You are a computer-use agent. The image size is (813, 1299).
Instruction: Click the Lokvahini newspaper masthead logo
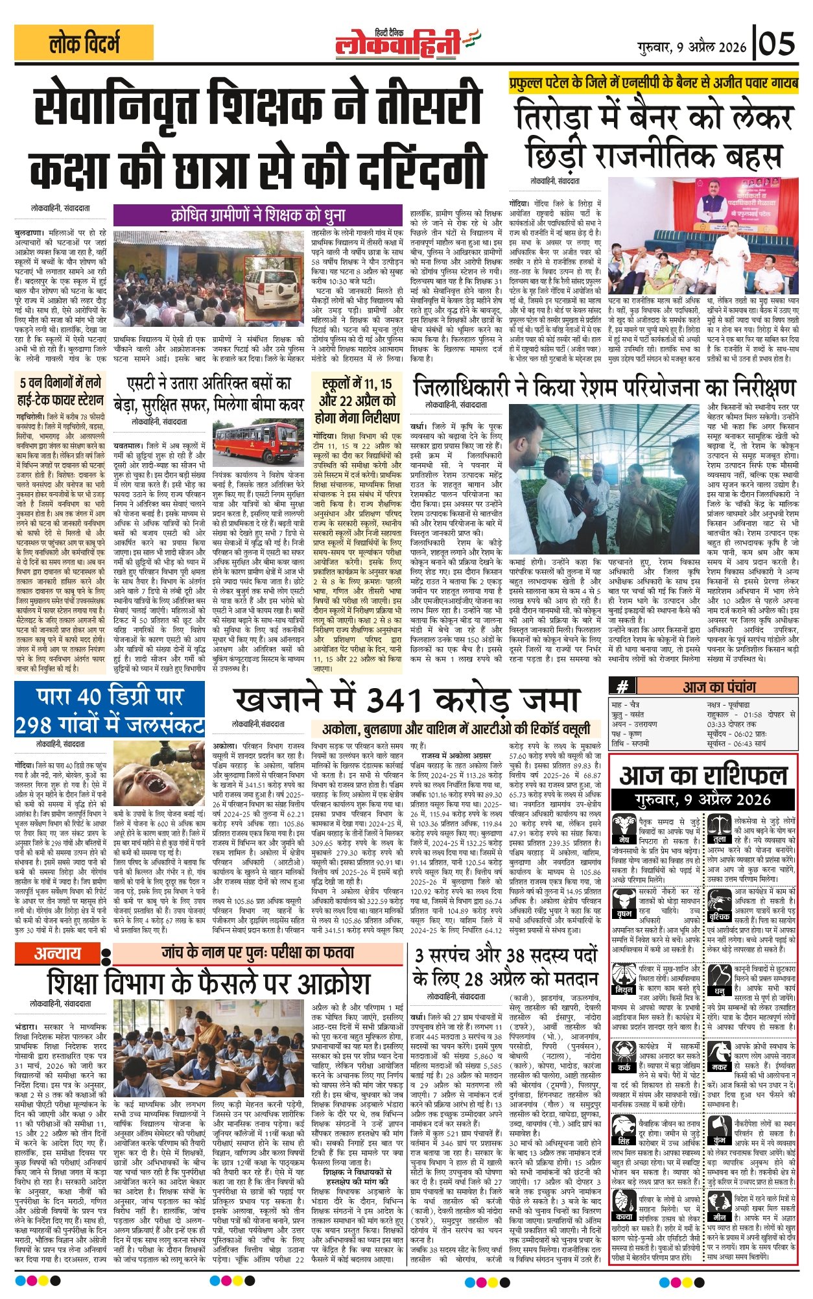click(406, 43)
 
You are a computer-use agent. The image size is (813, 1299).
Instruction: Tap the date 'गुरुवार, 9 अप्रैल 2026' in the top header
click(692, 46)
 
